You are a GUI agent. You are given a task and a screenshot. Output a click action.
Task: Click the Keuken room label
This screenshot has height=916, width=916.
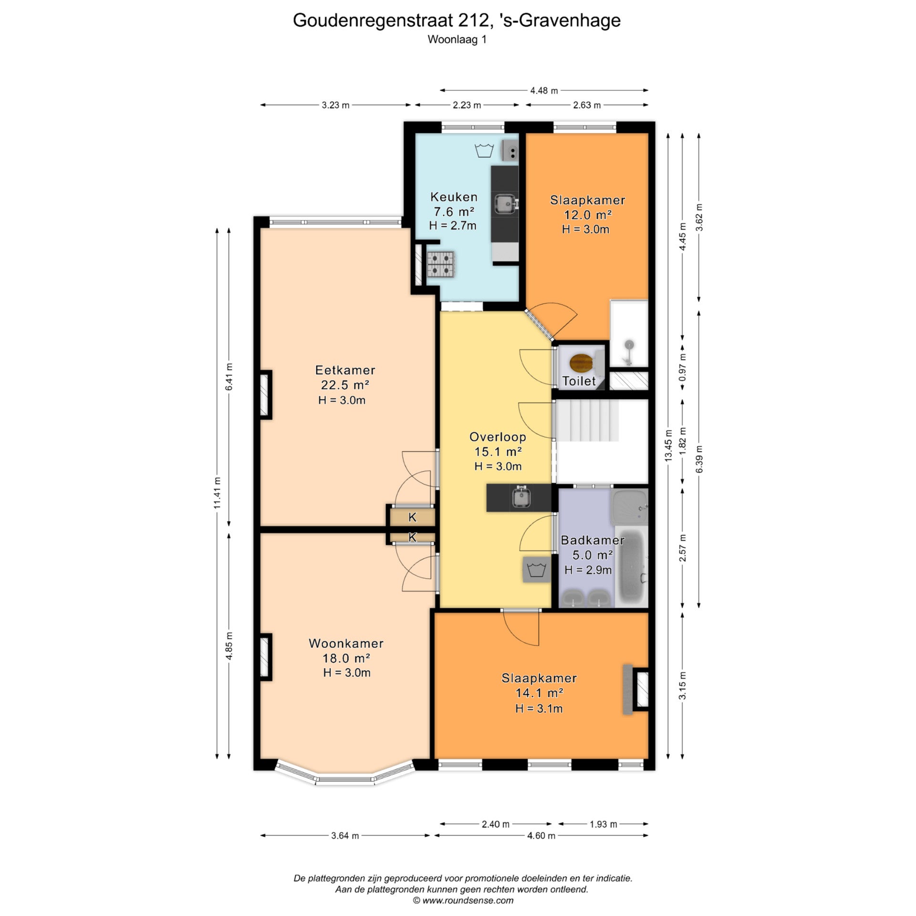point(454,197)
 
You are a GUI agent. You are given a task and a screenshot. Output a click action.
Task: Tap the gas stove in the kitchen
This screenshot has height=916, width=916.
point(441,264)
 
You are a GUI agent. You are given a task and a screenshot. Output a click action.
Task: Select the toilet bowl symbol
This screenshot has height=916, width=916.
point(582,363)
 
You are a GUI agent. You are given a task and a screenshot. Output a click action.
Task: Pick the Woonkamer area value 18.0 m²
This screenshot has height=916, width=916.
point(347,658)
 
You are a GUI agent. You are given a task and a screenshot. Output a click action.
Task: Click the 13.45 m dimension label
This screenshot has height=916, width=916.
point(668,445)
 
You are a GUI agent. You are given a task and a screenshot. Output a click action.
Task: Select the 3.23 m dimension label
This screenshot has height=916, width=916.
point(335,105)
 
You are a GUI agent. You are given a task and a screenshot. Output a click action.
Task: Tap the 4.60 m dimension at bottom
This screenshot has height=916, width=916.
point(541,835)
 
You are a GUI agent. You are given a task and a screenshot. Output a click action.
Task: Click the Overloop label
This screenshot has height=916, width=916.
point(498,437)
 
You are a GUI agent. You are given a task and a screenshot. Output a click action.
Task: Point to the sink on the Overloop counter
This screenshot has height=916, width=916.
point(522,498)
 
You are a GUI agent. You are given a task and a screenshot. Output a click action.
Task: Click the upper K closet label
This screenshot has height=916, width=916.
point(412,517)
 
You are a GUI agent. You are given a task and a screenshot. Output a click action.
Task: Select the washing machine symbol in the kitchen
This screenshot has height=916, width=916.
point(484,151)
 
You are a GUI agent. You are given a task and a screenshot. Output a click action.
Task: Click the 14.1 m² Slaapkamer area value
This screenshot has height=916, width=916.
point(539,693)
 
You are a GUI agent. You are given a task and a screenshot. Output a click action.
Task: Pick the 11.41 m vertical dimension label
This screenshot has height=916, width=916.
point(218,493)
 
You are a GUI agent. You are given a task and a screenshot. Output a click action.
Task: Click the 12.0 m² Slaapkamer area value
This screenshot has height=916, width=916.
point(588,215)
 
